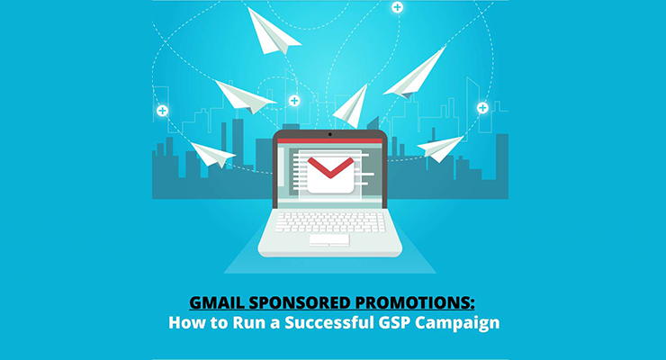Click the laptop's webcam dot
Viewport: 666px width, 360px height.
tap(330, 134)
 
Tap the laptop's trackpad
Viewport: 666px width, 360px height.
tap(329, 240)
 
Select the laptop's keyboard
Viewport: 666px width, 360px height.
tap(330, 222)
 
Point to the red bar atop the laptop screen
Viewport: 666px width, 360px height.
tap(330, 140)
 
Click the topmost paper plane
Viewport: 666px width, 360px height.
tap(272, 32)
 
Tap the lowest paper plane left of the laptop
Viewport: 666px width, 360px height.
tap(212, 155)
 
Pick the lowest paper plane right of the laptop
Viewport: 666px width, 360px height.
tap(440, 148)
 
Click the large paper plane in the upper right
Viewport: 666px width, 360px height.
tap(415, 73)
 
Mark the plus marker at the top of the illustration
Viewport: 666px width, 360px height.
tap(397, 7)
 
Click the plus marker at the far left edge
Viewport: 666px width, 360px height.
tap(162, 111)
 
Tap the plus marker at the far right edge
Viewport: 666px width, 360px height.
tap(482, 108)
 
